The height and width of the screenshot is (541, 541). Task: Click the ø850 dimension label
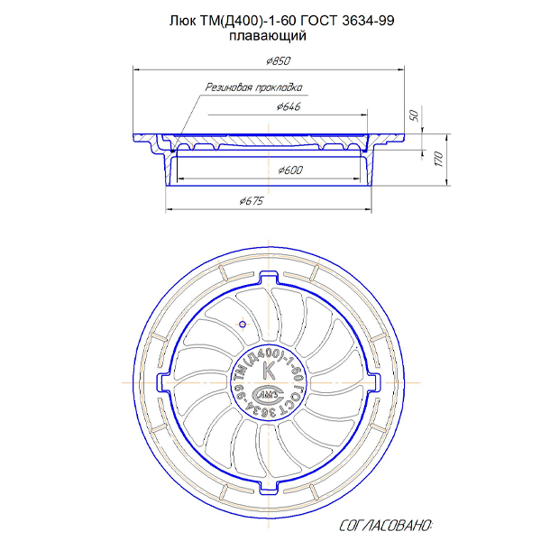(x=279, y=61)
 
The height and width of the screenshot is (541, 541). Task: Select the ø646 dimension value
(x=289, y=106)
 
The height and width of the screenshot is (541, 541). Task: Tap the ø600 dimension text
(x=290, y=170)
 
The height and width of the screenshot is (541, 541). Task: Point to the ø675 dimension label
(x=252, y=200)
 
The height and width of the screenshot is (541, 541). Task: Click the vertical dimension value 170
(x=438, y=159)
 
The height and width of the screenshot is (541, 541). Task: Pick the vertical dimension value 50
(x=414, y=116)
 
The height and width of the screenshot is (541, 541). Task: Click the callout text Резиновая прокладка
(x=254, y=87)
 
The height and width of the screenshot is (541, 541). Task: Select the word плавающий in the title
(x=268, y=35)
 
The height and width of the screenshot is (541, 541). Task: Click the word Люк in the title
(x=182, y=21)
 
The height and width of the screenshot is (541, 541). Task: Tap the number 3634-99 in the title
(x=368, y=21)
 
